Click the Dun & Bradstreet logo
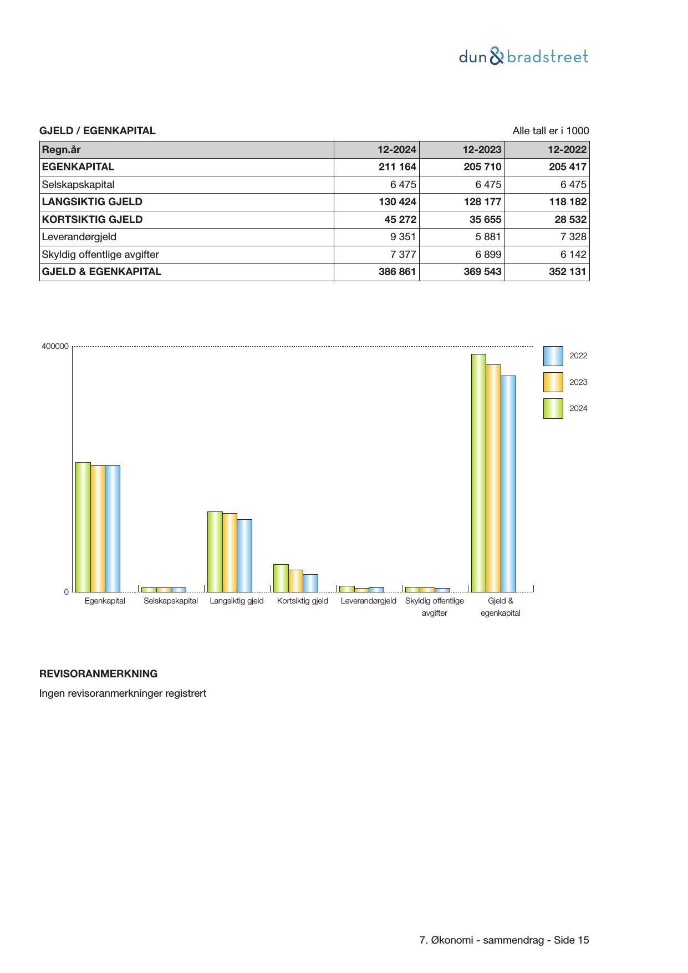tap(523, 57)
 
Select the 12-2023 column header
tap(482, 150)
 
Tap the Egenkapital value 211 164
tap(397, 167)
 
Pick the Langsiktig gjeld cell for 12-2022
tap(567, 202)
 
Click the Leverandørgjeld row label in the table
tap(79, 237)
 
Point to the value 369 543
tap(482, 272)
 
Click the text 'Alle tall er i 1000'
tap(551, 131)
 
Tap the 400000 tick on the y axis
tap(55, 347)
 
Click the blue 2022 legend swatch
tap(553, 356)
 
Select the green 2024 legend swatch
tap(553, 408)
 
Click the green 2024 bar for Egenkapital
tap(83, 527)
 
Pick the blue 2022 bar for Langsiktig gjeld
tap(244, 556)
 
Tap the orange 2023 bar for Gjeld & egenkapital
tap(493, 478)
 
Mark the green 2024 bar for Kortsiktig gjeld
tap(281, 578)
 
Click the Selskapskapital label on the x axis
tap(171, 601)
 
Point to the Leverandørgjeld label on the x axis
tap(368, 601)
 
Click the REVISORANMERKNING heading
tap(98, 674)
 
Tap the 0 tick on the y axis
tap(67, 592)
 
